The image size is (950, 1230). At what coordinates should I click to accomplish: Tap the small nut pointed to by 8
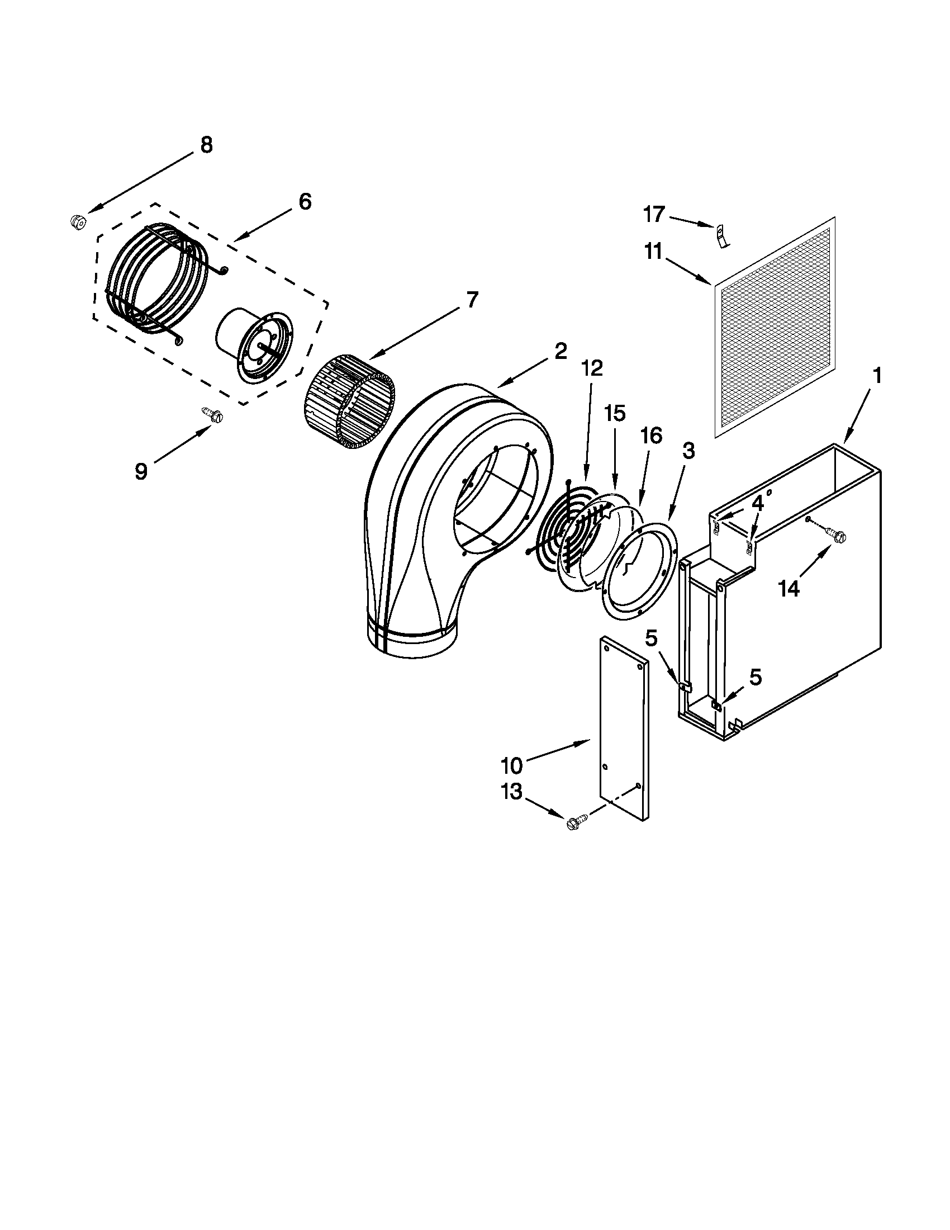pos(78,221)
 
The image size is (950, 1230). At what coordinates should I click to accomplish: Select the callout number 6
pos(305,201)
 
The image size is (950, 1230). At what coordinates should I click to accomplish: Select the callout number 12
pos(592,369)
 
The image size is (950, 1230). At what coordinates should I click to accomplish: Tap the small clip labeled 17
pos(721,235)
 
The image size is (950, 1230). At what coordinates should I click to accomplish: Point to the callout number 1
pos(877,375)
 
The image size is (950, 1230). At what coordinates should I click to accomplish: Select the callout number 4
pos(758,504)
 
